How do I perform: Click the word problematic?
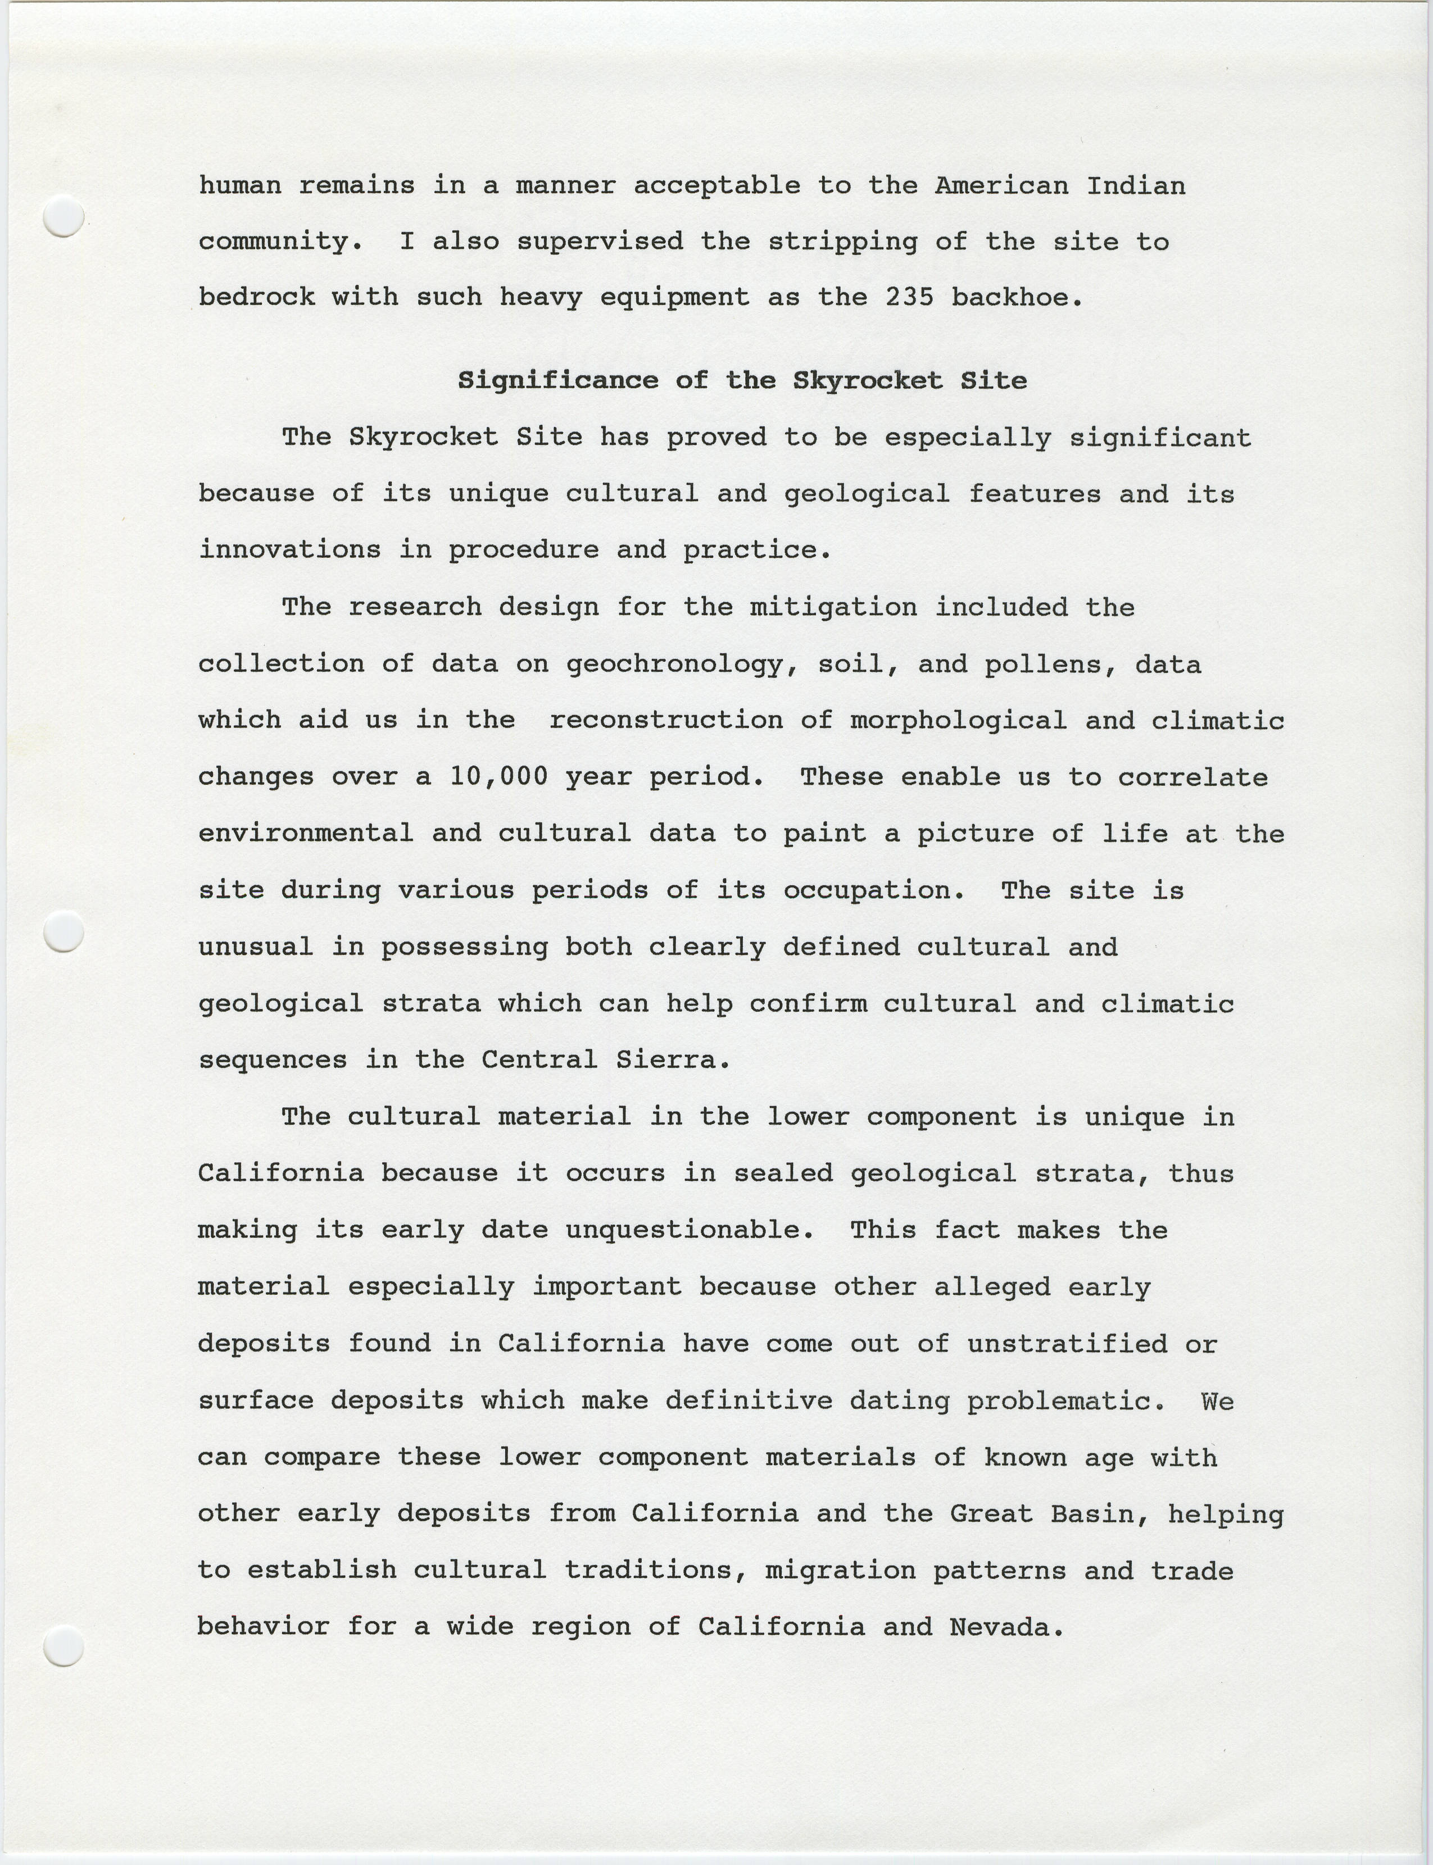click(x=1066, y=1401)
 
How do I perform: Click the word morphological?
click(x=958, y=721)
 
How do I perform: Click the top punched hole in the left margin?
click(x=63, y=216)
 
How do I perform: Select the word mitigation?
click(x=833, y=608)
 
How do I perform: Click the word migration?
click(x=840, y=1571)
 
